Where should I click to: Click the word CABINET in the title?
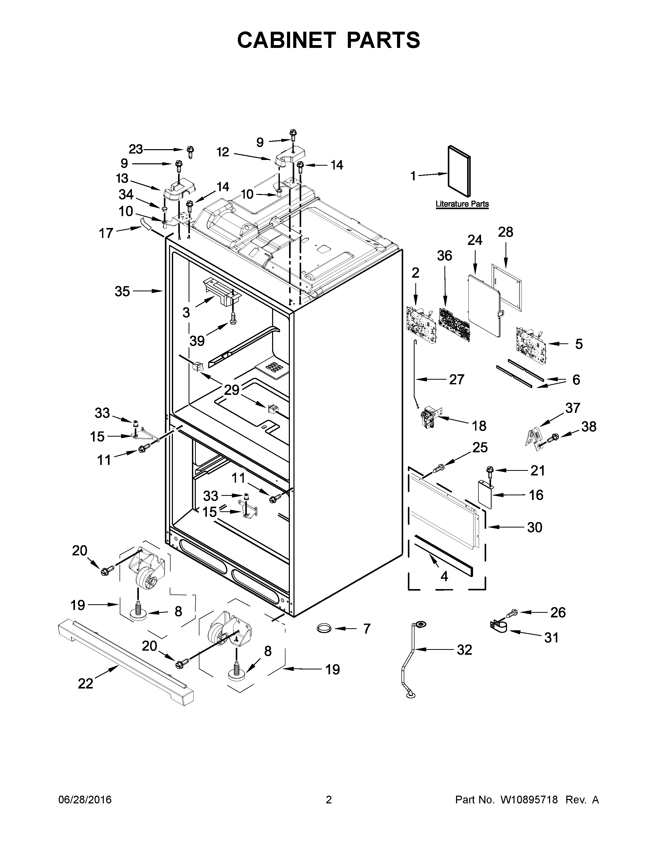coord(286,40)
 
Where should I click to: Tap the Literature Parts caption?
coord(462,204)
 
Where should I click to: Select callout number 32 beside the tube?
coord(464,650)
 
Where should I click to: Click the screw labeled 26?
coord(511,613)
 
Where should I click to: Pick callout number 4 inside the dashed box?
coord(444,576)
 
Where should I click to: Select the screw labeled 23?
coord(190,151)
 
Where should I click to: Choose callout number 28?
coord(506,232)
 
